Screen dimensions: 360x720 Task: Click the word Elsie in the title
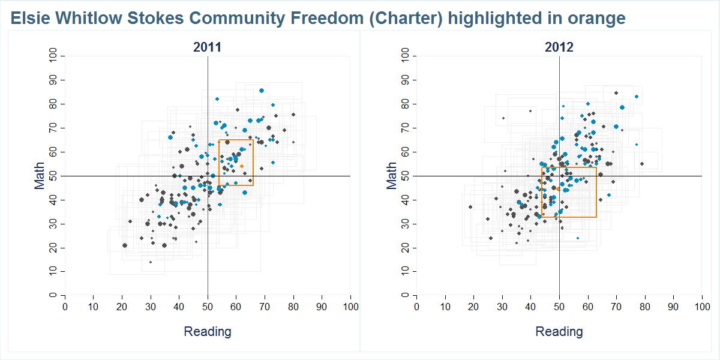(x=29, y=19)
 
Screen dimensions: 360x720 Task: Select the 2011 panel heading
(x=207, y=47)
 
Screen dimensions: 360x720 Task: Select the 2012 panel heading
(x=559, y=47)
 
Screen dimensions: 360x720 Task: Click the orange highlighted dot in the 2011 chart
(x=242, y=166)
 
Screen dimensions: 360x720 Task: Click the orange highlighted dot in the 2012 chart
(x=559, y=189)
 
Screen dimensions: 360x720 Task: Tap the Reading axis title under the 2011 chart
(x=207, y=332)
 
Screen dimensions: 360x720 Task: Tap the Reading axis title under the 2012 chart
(x=559, y=332)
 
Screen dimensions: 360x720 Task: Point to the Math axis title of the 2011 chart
(x=40, y=176)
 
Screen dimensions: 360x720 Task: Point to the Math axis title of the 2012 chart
(x=392, y=176)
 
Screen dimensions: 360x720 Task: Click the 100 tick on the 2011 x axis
(x=350, y=307)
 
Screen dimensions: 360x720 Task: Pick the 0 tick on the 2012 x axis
(x=416, y=307)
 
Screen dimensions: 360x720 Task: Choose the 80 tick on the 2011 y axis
(x=53, y=104)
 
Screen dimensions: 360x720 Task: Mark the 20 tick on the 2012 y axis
(x=404, y=248)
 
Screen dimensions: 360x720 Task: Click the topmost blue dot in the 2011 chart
(x=262, y=91)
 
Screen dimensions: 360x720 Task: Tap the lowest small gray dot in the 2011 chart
(x=151, y=262)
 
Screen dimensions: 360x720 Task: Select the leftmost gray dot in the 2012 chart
(x=470, y=207)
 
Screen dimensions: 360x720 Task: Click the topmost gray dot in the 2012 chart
(x=616, y=93)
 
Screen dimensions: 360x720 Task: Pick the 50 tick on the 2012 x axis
(x=559, y=307)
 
